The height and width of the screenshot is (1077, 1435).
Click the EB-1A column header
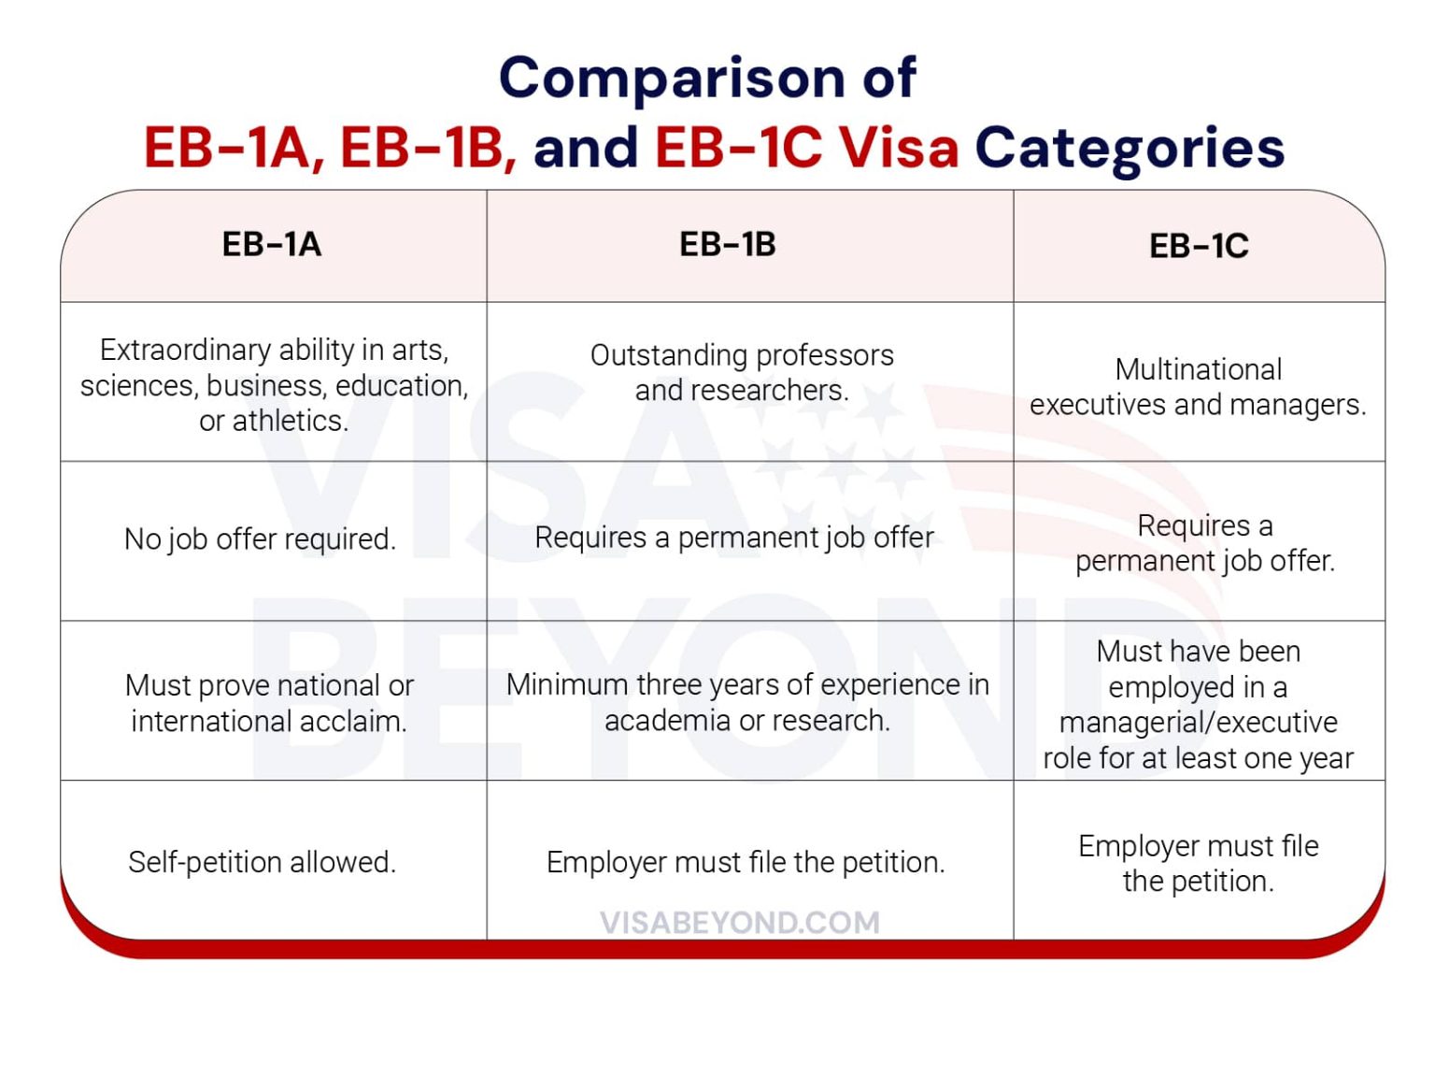271,245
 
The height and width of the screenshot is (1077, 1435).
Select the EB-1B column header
727,245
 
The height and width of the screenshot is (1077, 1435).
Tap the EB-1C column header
1199,247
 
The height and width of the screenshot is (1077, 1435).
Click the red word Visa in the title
898,147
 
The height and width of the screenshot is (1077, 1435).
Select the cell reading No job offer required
261,540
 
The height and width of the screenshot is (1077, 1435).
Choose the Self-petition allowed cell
263,862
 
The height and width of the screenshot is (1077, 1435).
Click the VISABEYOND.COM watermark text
739,923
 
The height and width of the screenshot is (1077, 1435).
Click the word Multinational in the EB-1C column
1199,370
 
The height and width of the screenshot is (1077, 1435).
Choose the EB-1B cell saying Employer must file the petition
746,863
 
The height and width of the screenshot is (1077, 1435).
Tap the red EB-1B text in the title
428,149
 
